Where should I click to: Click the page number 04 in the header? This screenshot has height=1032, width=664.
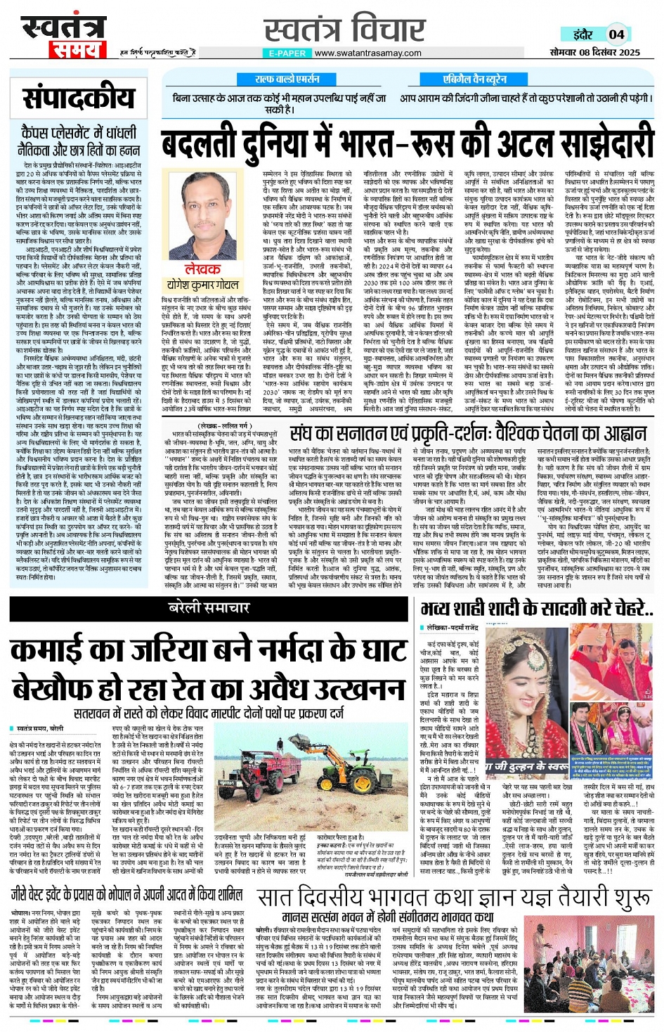[x=616, y=34]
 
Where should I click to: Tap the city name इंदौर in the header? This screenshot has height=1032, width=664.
[x=582, y=34]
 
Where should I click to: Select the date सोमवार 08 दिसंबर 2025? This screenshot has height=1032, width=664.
[x=594, y=53]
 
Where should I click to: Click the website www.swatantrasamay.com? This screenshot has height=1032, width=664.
[x=367, y=53]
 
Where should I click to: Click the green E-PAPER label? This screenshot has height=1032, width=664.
[x=287, y=53]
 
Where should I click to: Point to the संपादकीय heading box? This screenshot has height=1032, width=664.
[x=78, y=98]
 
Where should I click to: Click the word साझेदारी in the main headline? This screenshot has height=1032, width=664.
[x=587, y=145]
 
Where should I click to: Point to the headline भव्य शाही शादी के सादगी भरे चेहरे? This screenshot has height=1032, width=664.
[x=537, y=609]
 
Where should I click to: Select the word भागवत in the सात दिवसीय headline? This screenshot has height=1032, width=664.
[x=418, y=898]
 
